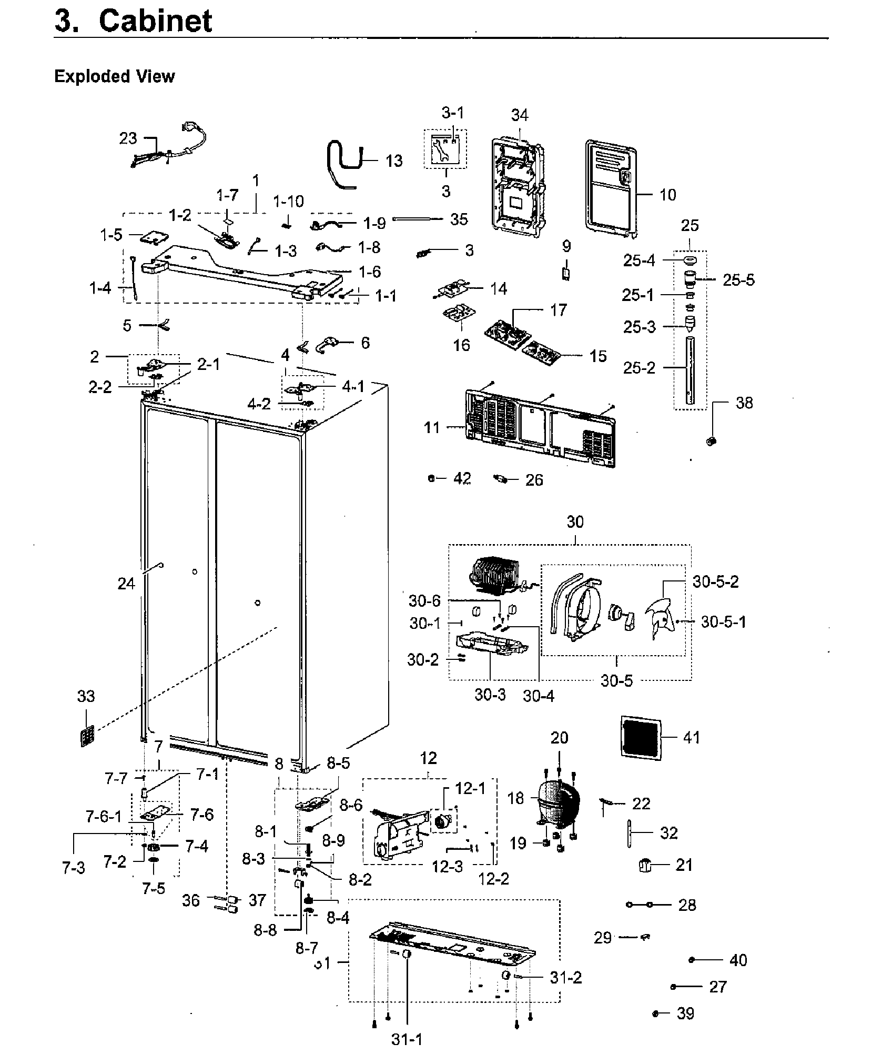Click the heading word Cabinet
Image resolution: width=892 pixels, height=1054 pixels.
pos(155,21)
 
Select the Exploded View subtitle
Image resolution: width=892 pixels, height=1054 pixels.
pos(114,76)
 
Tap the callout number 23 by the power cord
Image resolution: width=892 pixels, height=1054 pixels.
pos(128,138)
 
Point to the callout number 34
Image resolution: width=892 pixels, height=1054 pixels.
pos(520,115)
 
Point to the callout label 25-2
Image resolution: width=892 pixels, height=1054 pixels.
pos(639,368)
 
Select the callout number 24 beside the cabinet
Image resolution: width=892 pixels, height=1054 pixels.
pos(126,584)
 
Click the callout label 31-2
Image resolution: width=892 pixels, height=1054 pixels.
pos(566,978)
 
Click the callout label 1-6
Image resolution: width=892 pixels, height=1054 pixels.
pos(370,272)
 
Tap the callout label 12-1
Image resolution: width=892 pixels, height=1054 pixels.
pos(470,788)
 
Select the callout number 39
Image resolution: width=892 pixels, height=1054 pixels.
pos(685,1013)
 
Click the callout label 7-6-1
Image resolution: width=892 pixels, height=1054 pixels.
pos(104,816)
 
